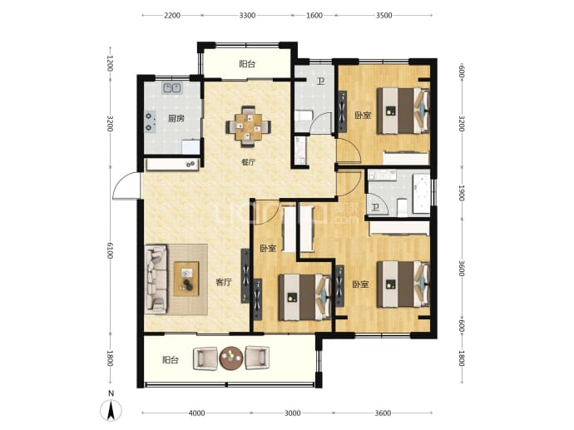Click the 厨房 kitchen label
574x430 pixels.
176,119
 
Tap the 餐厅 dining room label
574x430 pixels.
248,162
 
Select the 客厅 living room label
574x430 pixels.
223,282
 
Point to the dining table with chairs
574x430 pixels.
248,126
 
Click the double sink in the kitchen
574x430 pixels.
171,88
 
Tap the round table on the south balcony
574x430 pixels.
231,358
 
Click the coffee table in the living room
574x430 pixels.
186,279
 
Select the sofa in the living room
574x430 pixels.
156,279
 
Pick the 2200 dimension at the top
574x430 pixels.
172,15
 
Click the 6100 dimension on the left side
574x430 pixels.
110,250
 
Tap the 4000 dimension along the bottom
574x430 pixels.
196,413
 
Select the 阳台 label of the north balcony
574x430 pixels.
247,64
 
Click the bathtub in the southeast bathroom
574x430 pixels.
421,194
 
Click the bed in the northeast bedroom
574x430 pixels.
403,110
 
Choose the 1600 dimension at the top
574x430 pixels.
314,15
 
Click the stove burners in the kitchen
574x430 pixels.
150,121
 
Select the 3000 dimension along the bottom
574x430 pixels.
292,413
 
